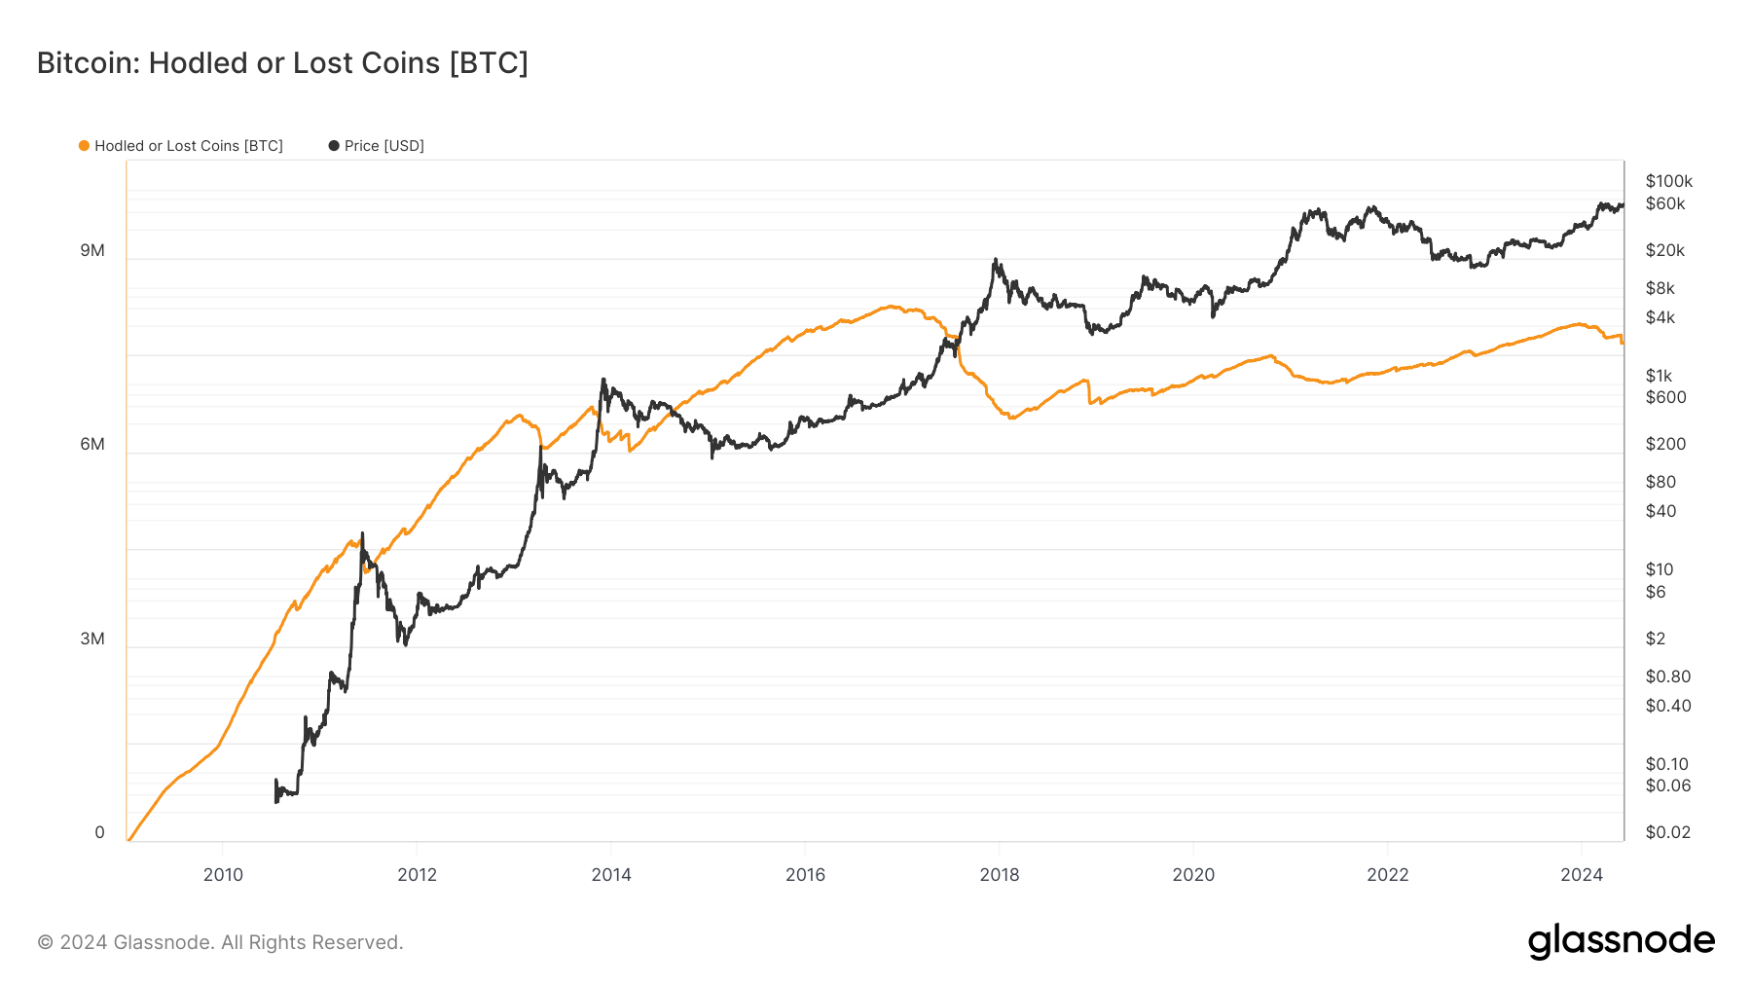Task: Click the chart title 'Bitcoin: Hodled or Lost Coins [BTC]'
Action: [x=282, y=63]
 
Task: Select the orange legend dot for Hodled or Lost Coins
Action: [x=84, y=146]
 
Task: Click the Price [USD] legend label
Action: [x=383, y=146]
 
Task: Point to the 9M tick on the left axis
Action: [x=92, y=251]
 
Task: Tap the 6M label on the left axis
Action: [x=92, y=445]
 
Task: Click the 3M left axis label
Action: [x=92, y=639]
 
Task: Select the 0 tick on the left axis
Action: [x=99, y=833]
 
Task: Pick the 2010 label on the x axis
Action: [x=223, y=875]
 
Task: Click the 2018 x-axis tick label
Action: [x=1000, y=875]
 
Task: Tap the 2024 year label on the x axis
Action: [x=1582, y=875]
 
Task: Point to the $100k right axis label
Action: [x=1668, y=182]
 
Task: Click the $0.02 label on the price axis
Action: [x=1667, y=833]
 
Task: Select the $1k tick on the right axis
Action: [x=1659, y=377]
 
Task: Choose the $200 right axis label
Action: [x=1665, y=445]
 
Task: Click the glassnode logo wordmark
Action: [x=1621, y=941]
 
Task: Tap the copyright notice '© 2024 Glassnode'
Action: [x=220, y=942]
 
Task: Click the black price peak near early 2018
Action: [x=995, y=260]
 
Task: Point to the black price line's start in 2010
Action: [x=276, y=793]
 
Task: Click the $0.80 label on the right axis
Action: [x=1667, y=676]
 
